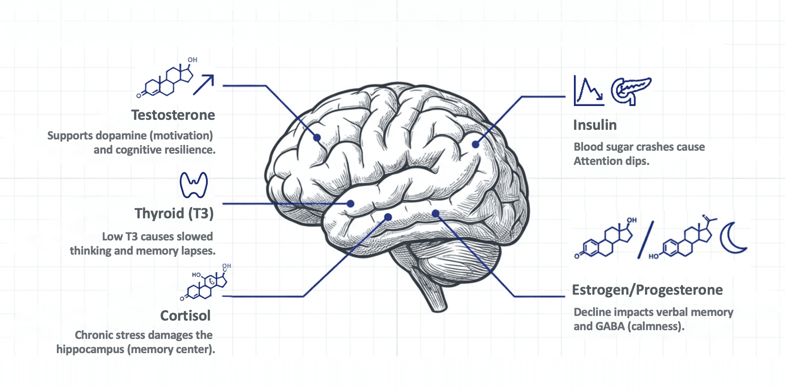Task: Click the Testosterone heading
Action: tap(173, 115)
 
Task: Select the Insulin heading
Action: tap(594, 125)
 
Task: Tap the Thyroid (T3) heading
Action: tap(174, 214)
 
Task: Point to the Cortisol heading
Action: tap(185, 316)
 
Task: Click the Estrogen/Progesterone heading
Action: tap(647, 290)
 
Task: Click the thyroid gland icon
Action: tap(194, 184)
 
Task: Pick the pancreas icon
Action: tap(630, 90)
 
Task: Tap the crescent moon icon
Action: tap(733, 238)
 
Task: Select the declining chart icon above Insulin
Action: tap(588, 91)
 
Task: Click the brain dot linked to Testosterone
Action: tap(317, 137)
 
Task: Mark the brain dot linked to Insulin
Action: tap(475, 144)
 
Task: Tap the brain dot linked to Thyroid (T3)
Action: tap(351, 204)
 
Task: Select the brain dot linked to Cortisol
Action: tap(388, 217)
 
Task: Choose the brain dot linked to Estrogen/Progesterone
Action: tap(436, 214)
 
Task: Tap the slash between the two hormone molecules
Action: tap(645, 240)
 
